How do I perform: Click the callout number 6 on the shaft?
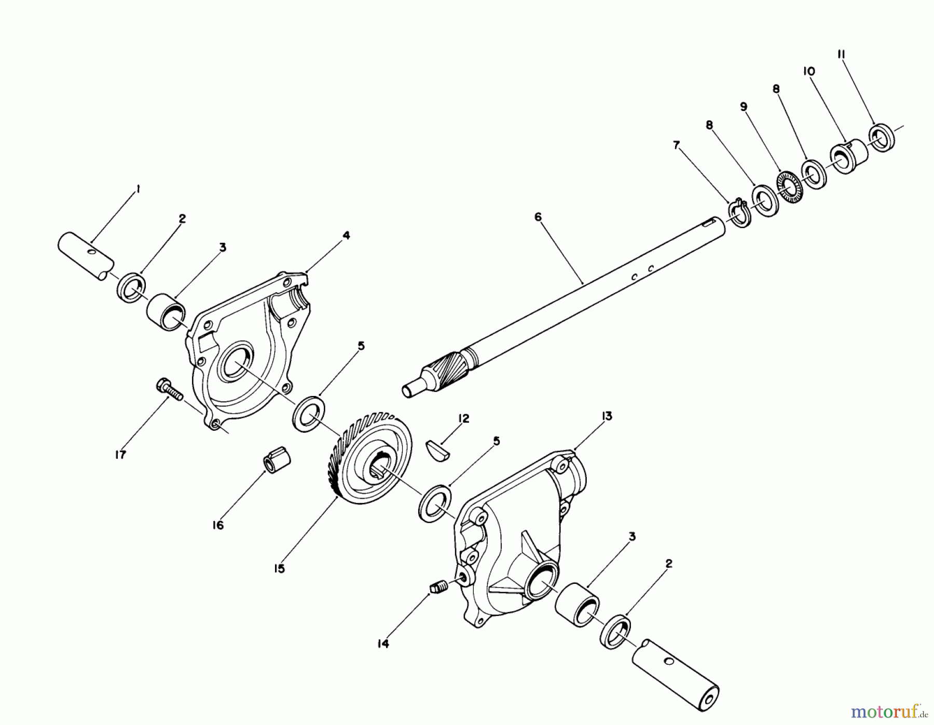click(538, 217)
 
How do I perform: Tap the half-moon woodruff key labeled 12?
click(438, 449)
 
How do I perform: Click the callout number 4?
click(346, 236)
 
